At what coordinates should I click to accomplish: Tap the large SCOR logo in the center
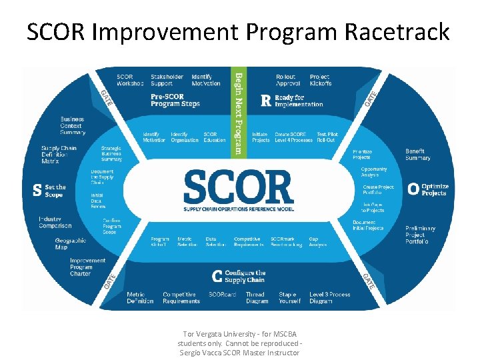[x=238, y=188]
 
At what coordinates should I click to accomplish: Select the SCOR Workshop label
[x=130, y=80]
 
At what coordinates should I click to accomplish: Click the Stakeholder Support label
[x=167, y=80]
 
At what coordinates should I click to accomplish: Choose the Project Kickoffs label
[x=320, y=80]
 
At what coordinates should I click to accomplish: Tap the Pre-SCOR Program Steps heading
[x=175, y=100]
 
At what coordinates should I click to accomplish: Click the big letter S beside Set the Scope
[x=37, y=191]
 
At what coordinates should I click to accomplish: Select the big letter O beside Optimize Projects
[x=413, y=190]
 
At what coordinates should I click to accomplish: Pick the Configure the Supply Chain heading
[x=243, y=276]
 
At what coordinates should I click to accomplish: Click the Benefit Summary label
[x=419, y=155]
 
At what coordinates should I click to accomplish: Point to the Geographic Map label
[x=71, y=244]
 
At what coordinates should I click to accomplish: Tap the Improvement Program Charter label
[x=87, y=267]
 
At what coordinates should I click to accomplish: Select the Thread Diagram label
[x=255, y=297]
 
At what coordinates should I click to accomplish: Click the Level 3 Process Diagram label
[x=329, y=297]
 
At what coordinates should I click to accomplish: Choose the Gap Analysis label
[x=317, y=241]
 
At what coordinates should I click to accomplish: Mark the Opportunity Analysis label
[x=374, y=172]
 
